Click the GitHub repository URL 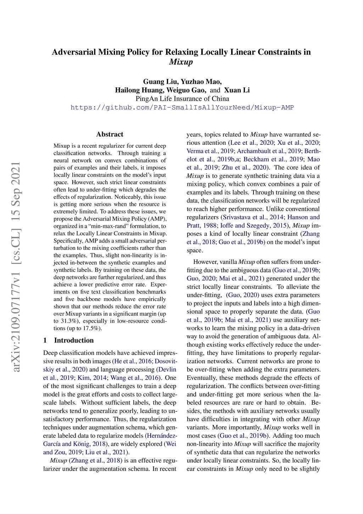182,108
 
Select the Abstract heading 110,134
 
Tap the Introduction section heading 74,340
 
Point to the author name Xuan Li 237,90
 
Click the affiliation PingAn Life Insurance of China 182,99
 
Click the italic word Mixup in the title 181,62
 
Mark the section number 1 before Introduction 45,340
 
